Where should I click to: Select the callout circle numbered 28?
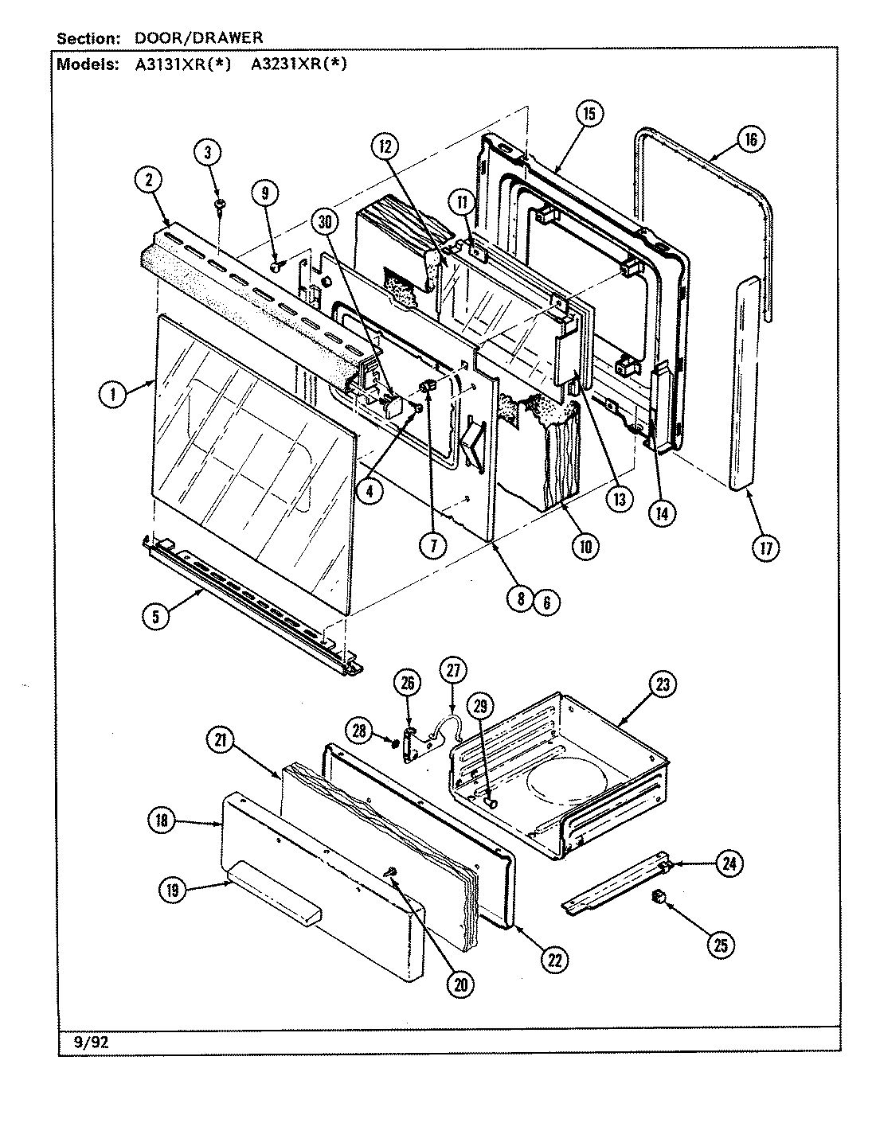[x=363, y=730]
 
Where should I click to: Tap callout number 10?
[x=585, y=545]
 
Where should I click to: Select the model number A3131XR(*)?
[x=182, y=65]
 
